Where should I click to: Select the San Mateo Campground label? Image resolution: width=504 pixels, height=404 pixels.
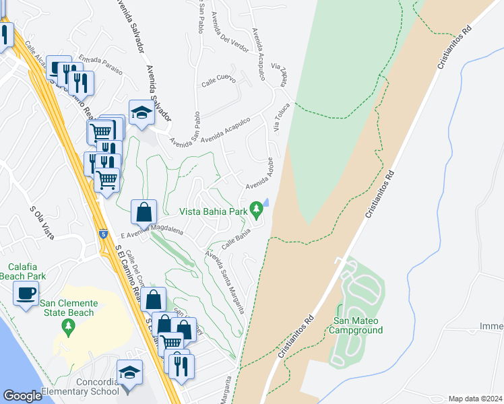click(x=356, y=325)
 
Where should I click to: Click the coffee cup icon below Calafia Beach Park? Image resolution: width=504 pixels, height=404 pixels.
click(x=26, y=294)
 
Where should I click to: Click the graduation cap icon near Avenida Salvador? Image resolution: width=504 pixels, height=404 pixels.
click(x=141, y=112)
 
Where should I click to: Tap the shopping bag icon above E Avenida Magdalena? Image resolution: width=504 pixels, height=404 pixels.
click(x=144, y=212)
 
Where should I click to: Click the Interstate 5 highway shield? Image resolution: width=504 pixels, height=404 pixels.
click(x=102, y=234)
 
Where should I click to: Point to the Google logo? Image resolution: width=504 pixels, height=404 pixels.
click(x=23, y=395)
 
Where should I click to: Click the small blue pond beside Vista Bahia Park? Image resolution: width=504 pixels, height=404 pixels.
click(x=266, y=202)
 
